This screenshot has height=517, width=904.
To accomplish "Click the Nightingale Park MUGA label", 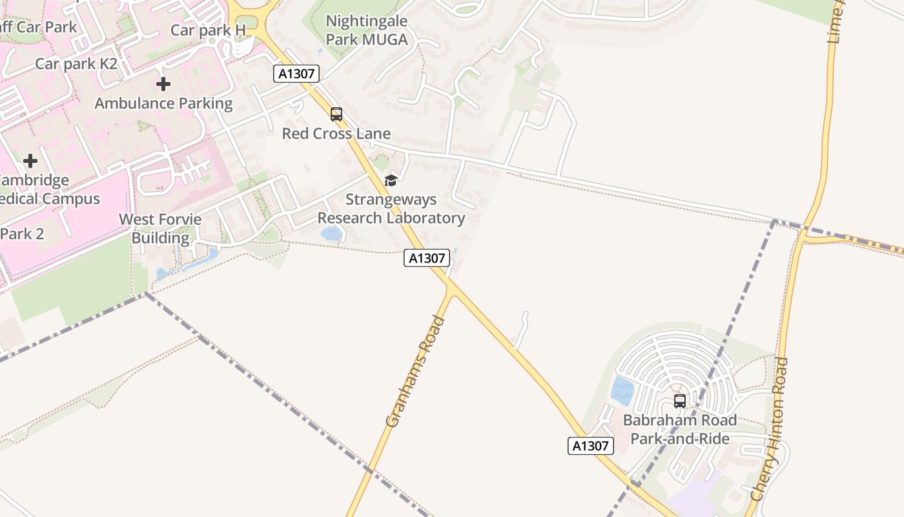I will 366,30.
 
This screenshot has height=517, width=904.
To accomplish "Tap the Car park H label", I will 208,30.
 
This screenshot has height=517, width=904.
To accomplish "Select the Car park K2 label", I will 76,63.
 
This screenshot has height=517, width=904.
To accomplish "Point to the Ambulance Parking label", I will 163,103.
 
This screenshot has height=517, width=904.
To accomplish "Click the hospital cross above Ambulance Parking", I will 163,84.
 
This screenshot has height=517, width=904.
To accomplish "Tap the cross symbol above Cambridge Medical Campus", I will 30,161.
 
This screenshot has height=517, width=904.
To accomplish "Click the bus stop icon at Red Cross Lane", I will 336,114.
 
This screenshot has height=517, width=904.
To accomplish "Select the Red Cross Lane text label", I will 336,134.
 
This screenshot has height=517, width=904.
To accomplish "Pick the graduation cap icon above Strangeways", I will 391,180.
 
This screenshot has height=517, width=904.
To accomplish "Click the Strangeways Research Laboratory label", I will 391,209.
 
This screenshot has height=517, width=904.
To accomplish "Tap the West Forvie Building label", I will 160,228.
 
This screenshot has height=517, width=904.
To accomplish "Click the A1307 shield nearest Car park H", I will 297,74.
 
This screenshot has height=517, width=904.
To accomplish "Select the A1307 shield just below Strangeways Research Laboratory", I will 427,258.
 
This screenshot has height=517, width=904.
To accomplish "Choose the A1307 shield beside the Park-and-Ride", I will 591,445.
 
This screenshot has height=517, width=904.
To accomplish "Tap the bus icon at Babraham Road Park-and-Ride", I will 680,401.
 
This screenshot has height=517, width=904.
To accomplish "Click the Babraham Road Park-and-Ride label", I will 680,430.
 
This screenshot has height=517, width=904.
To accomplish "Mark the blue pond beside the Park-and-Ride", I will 622,390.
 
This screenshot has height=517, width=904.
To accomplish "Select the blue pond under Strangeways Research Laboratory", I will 331,233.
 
